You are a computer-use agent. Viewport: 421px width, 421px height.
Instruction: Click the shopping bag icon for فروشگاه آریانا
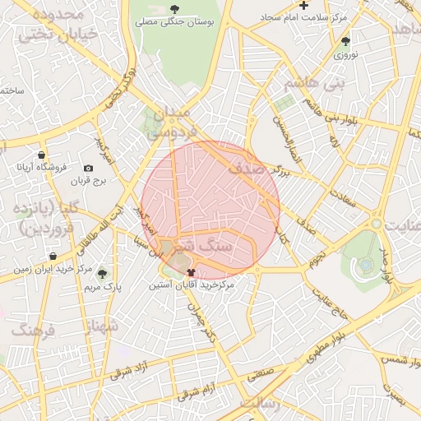point(42,155)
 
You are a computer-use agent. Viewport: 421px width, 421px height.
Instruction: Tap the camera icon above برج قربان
point(89,168)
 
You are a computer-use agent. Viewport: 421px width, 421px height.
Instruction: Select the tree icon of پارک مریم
point(102,274)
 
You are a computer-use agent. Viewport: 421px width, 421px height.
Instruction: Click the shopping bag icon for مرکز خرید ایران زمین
point(53,257)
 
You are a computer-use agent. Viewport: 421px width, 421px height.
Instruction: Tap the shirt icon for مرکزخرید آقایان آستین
point(192,272)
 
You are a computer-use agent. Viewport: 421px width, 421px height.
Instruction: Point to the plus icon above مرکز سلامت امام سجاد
point(304,6)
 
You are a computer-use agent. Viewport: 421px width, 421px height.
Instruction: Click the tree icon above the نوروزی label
point(345,41)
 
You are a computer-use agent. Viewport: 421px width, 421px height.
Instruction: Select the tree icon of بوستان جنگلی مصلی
point(174,9)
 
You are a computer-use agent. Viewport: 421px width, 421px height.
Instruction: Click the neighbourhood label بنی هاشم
point(312,83)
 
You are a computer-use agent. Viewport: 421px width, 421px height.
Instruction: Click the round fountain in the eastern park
point(365,266)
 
